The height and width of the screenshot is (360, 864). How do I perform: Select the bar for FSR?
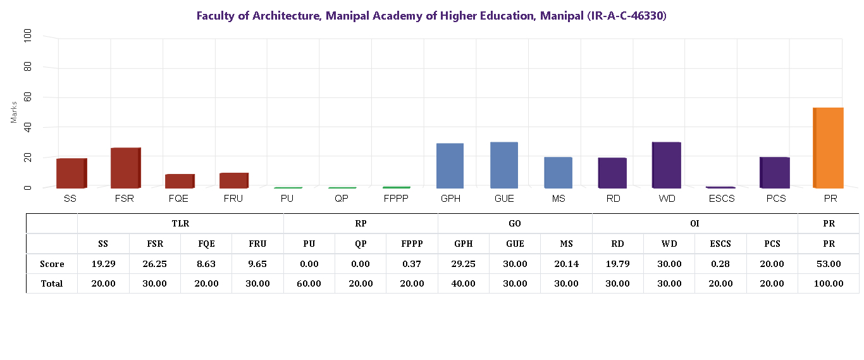[125, 168]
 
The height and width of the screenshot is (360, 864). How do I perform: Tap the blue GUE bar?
[504, 165]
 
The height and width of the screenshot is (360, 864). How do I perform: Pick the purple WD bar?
[667, 165]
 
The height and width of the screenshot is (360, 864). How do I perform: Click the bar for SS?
[71, 173]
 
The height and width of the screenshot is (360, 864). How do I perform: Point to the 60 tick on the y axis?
[27, 97]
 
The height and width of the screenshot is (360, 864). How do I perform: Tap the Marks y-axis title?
[14, 111]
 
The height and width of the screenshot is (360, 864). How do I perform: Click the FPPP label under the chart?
[397, 199]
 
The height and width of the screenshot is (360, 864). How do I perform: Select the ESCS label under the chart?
[721, 199]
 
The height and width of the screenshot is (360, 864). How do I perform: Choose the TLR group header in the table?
[180, 223]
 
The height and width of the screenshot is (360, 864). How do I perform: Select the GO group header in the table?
[514, 223]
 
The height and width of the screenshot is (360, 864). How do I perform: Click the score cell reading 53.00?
[828, 264]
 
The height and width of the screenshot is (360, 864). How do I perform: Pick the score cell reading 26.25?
[155, 264]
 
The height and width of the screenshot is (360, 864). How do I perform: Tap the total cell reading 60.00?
[309, 283]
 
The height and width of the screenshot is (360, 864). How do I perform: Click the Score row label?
[52, 264]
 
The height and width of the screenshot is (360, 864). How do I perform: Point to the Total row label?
[52, 283]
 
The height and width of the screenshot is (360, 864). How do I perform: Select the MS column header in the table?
[566, 244]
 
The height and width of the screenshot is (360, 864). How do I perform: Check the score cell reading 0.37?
[412, 264]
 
